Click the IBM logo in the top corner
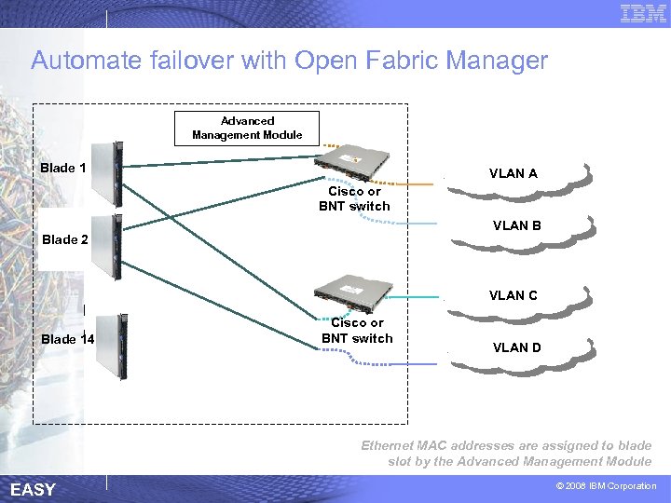[x=643, y=13]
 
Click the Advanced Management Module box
[x=247, y=128]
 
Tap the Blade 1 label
[x=63, y=169]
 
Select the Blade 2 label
[x=65, y=239]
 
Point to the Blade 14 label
[x=68, y=339]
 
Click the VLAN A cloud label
[x=513, y=173]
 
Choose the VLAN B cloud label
[x=516, y=225]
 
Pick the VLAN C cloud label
[x=513, y=295]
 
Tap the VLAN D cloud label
[x=516, y=347]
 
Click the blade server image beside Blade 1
[x=115, y=174]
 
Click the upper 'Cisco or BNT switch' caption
[x=354, y=198]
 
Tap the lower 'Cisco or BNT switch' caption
[x=357, y=331]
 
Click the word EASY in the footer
[x=33, y=490]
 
